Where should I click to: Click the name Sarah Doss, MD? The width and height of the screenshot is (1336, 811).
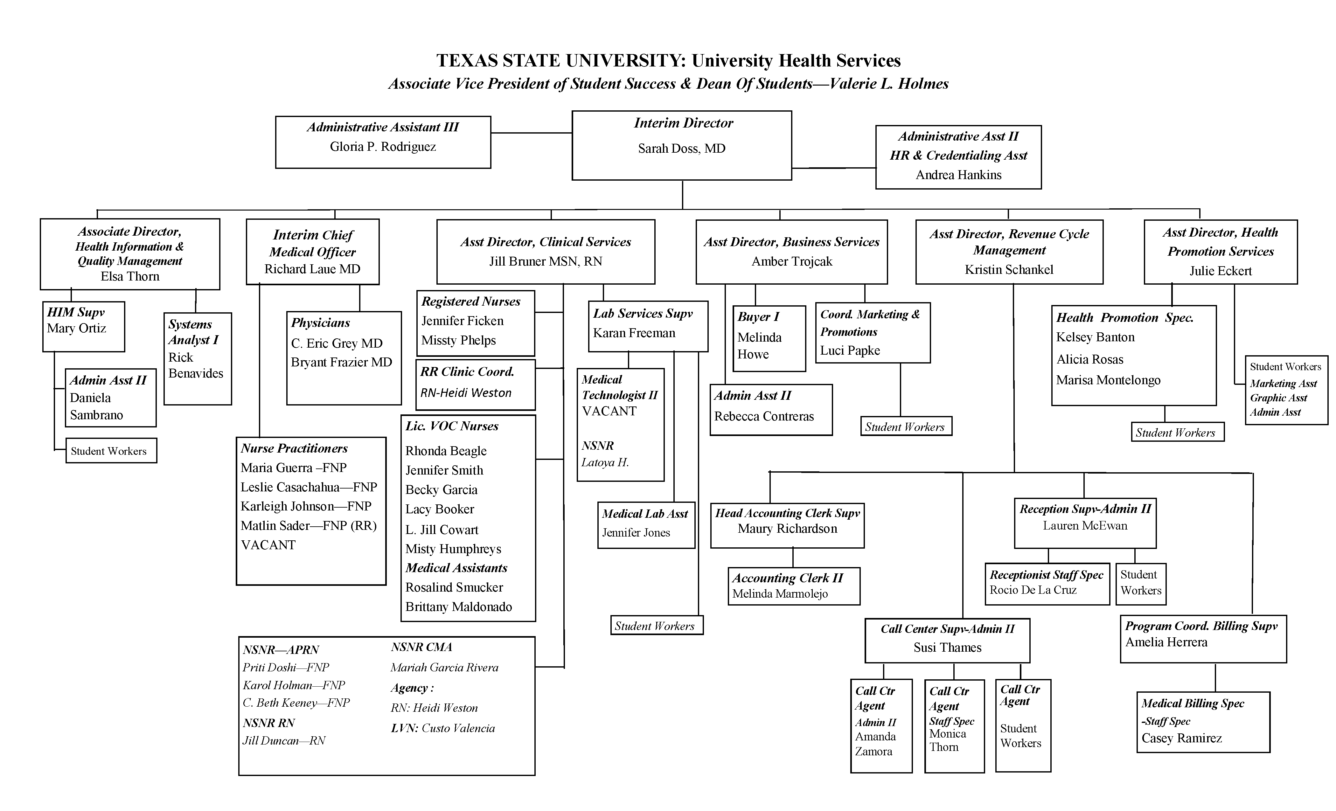[x=682, y=149]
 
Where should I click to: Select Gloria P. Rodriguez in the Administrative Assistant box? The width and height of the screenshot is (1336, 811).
[x=383, y=147]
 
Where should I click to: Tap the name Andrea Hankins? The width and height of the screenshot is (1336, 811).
[x=958, y=175]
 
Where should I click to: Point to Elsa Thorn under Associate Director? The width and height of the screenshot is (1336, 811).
[x=130, y=276]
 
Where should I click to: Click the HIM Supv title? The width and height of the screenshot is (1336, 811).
[x=76, y=312]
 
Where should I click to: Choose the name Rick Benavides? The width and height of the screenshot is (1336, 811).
[x=195, y=365]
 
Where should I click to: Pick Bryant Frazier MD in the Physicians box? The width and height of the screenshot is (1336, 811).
[x=341, y=362]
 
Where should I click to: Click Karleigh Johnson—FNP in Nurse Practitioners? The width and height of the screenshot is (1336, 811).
[x=306, y=506]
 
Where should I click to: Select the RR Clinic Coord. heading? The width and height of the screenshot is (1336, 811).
[x=467, y=372]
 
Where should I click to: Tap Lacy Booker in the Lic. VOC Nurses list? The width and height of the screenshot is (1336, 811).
[x=440, y=509]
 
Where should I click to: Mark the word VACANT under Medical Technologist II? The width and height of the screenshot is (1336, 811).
[x=609, y=412]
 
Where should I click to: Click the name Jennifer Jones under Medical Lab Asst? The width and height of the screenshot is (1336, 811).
[x=636, y=533]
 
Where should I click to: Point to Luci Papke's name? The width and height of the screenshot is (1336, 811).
[x=850, y=351]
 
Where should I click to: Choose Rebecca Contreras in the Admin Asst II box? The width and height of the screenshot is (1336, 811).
[x=764, y=416]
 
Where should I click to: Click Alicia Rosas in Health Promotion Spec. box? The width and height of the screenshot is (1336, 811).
[x=1089, y=359]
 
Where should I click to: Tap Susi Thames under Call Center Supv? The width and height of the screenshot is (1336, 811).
[x=947, y=648]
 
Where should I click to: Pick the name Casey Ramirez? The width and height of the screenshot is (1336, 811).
[x=1181, y=738]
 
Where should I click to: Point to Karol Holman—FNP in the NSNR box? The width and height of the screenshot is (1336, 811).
[x=293, y=686]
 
